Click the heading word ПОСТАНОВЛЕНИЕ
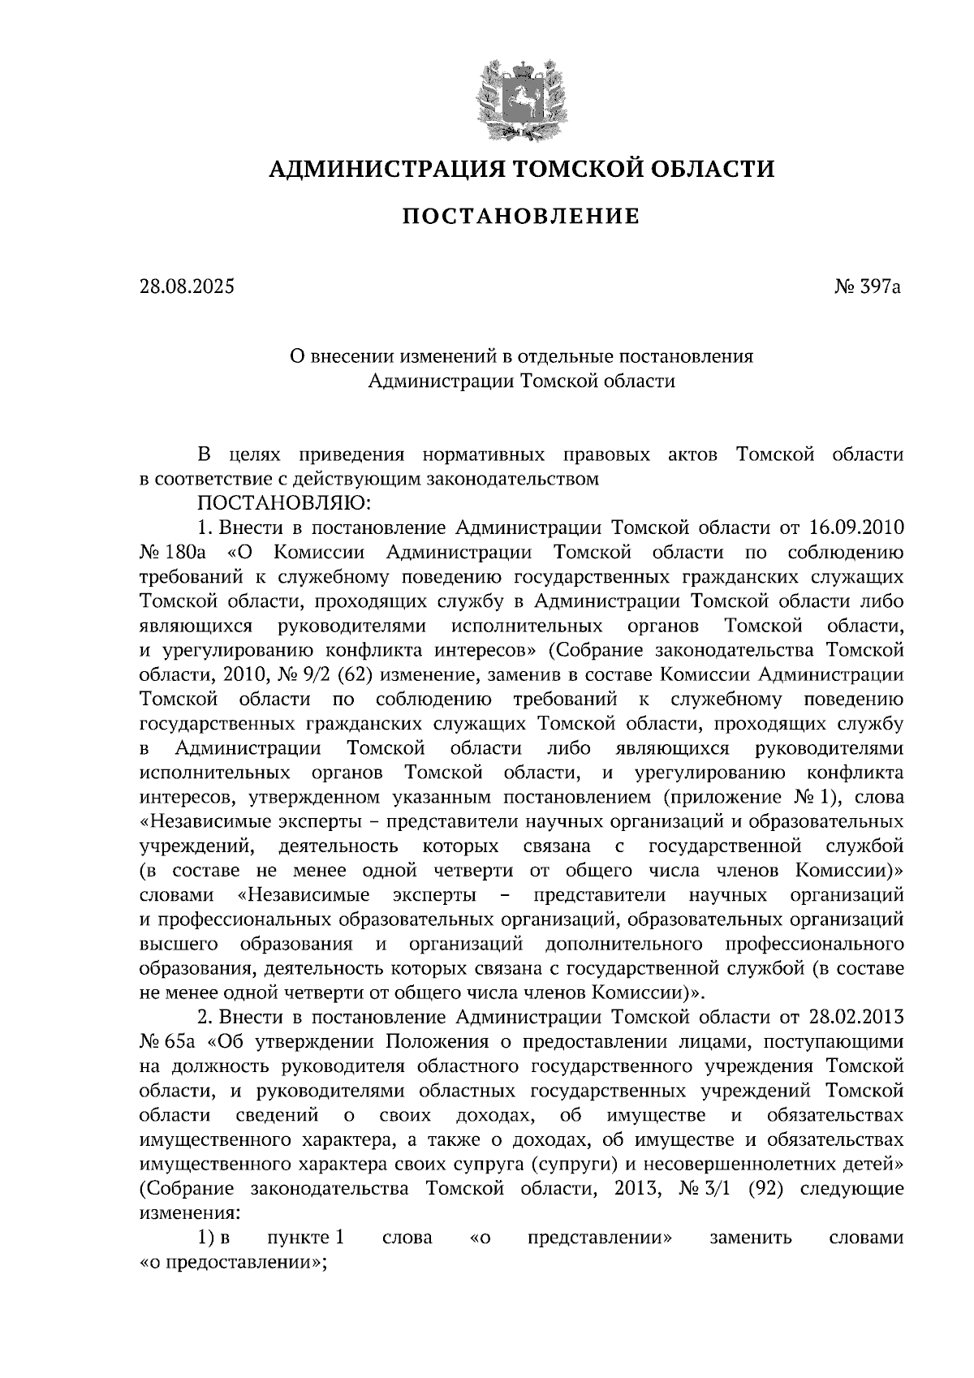tap(521, 217)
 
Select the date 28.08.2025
tap(187, 286)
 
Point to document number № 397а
tap(868, 286)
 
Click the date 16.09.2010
tap(856, 528)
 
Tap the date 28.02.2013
tap(856, 1017)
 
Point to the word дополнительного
tap(624, 944)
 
